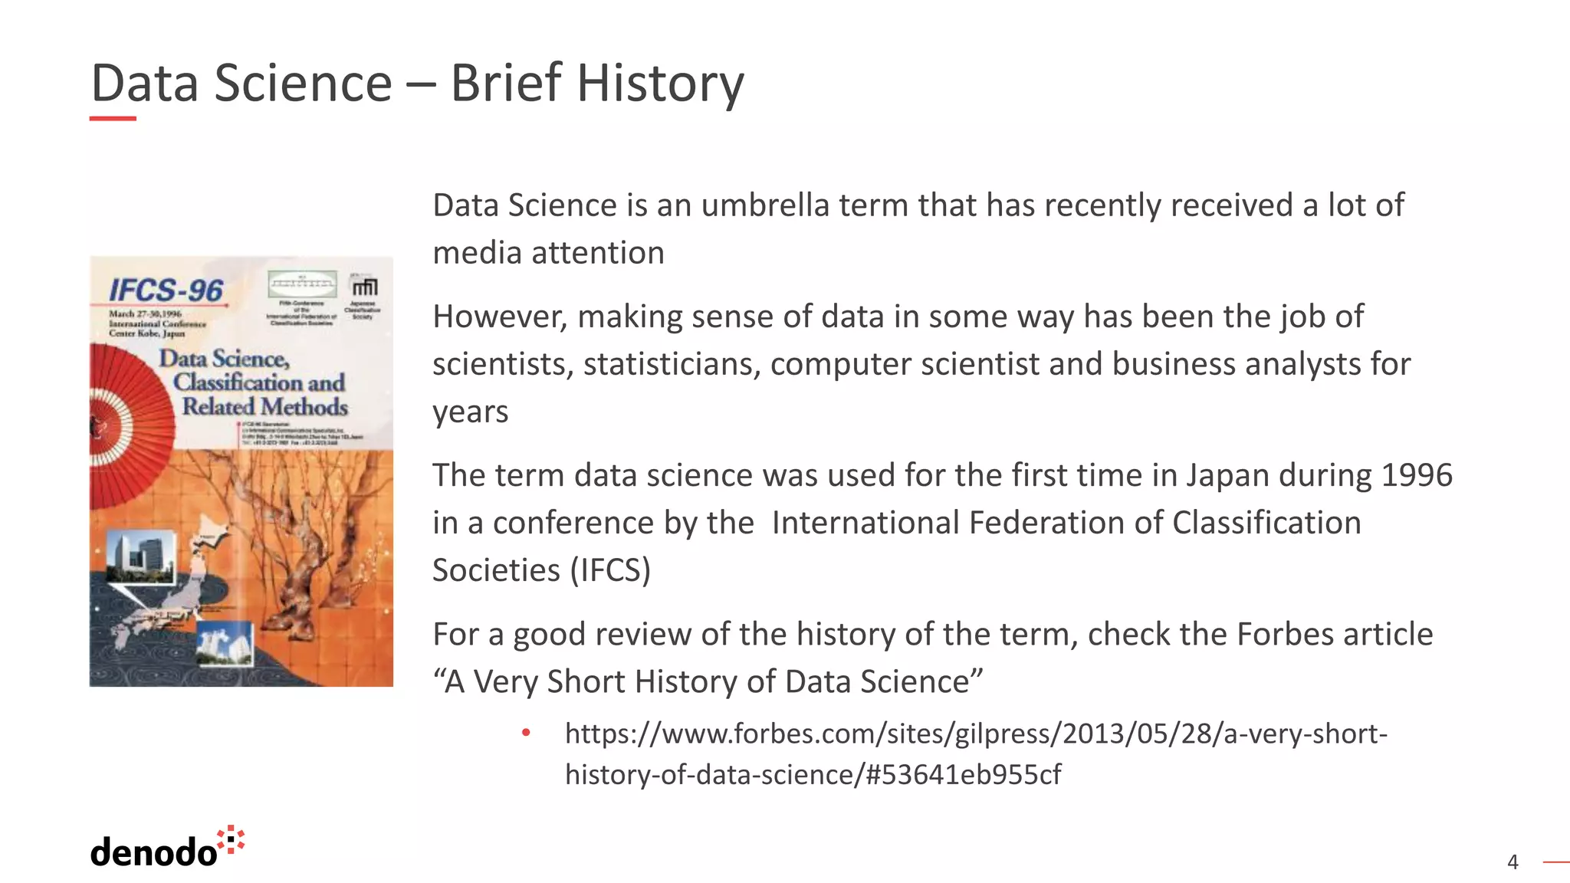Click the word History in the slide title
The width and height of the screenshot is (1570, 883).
click(660, 83)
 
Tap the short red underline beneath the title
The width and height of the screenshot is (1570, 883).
click(113, 119)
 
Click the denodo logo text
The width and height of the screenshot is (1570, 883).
click(153, 852)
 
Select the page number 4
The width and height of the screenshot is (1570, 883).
click(1513, 862)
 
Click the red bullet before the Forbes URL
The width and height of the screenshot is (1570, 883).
click(526, 734)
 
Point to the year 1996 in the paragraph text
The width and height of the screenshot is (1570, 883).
click(1416, 475)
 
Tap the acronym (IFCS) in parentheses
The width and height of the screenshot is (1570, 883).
click(610, 570)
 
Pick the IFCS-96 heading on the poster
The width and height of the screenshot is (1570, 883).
click(166, 291)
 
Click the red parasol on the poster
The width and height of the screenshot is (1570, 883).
click(123, 425)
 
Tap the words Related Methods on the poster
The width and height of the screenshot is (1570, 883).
click(264, 406)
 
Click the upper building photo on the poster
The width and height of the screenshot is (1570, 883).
click(140, 556)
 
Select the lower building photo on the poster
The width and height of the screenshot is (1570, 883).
click(225, 642)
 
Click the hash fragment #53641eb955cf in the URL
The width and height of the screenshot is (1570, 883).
click(964, 775)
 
